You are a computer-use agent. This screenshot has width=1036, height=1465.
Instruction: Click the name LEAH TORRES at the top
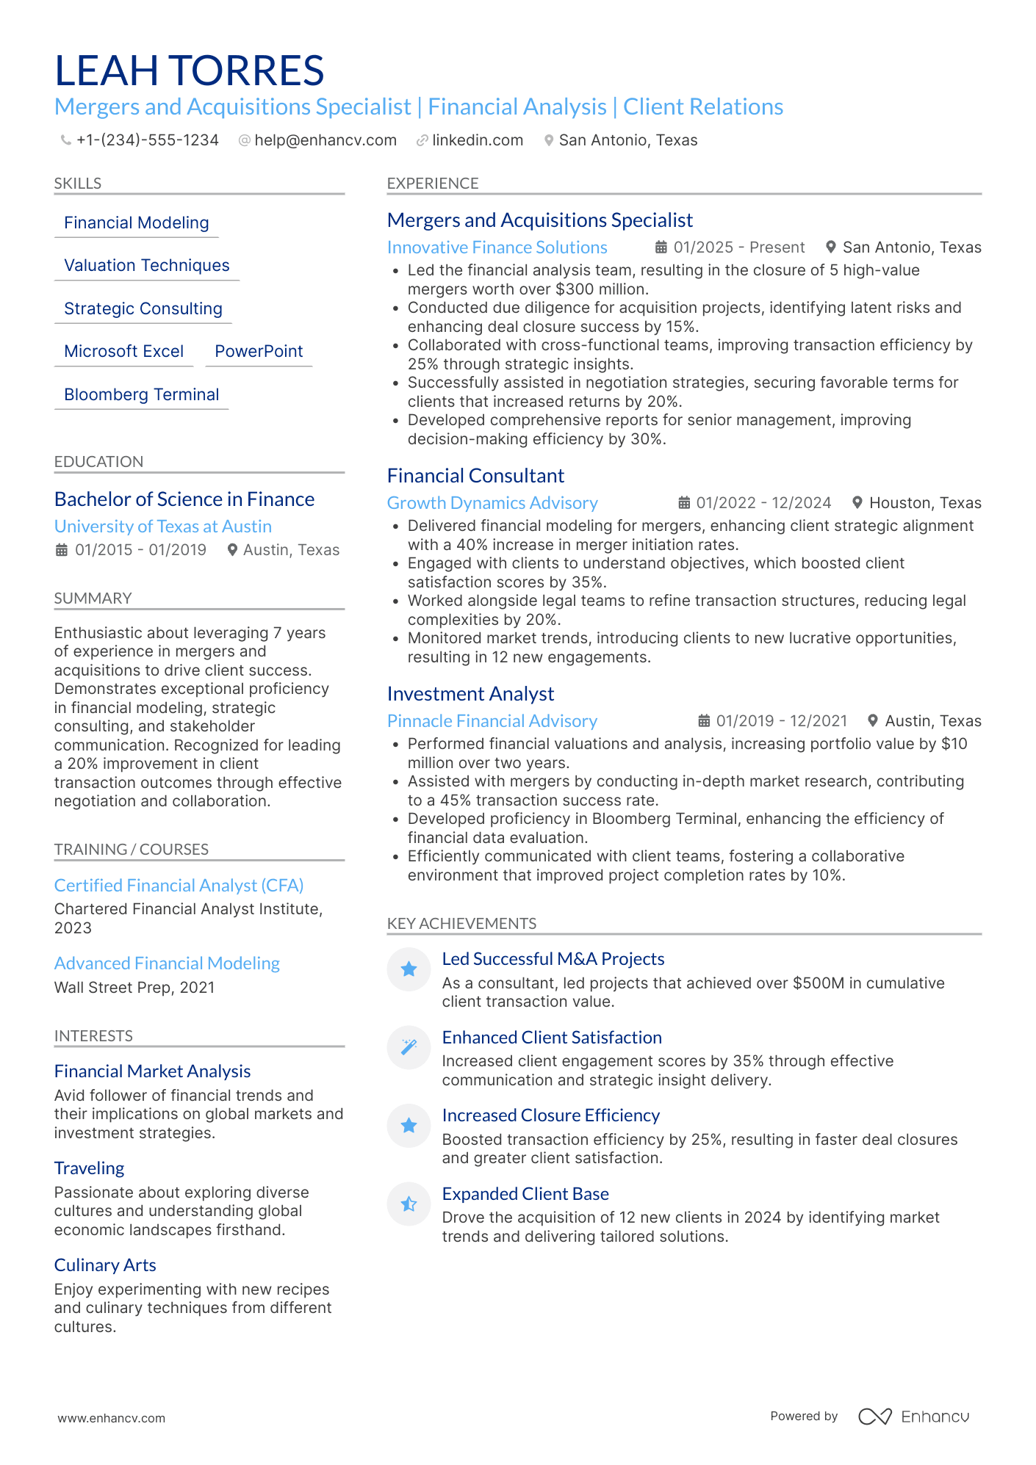190,71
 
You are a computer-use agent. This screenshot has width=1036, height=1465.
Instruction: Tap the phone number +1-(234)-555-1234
147,140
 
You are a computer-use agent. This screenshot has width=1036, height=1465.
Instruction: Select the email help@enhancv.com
325,140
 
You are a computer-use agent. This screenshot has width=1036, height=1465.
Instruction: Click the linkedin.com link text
478,140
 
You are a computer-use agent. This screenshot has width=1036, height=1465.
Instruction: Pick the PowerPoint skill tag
259,352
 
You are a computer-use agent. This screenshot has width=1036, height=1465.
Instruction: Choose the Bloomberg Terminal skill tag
141,395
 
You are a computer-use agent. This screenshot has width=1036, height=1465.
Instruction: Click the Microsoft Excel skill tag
123,352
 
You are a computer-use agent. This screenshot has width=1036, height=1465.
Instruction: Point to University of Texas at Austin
163,527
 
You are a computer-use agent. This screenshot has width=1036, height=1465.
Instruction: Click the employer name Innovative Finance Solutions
497,247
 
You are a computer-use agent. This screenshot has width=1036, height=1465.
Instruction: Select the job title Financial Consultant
475,476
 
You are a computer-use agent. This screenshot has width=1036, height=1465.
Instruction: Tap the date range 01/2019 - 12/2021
781,721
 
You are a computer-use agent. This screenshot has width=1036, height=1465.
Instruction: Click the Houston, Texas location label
924,503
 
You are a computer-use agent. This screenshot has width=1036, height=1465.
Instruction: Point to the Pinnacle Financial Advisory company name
492,721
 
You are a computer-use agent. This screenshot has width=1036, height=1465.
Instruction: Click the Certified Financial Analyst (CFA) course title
179,886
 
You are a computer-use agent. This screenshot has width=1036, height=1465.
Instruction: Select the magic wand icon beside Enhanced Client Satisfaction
409,1047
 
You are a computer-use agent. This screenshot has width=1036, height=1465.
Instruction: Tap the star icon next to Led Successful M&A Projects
409,969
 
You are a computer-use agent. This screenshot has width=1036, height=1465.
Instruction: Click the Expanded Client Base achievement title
525,1194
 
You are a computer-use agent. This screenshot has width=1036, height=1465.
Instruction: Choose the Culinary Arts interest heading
105,1265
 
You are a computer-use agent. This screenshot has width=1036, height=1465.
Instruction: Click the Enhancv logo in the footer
915,1417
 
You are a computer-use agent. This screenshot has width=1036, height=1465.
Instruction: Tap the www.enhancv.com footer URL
112,1419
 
